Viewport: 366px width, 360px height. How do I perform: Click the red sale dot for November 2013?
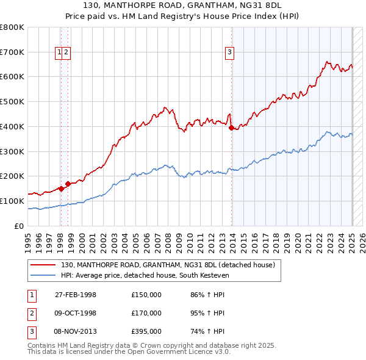pos(231,128)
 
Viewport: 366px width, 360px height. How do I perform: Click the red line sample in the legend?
pos(43,265)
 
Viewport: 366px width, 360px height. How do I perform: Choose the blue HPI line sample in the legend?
pos(43,275)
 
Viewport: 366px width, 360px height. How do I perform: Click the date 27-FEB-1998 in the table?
pos(76,295)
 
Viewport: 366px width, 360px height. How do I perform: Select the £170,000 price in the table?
pos(146,313)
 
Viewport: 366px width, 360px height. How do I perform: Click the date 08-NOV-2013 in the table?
pos(76,331)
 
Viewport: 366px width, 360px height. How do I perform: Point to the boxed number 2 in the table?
pos(31,313)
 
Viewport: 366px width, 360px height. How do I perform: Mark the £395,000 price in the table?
pos(146,331)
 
